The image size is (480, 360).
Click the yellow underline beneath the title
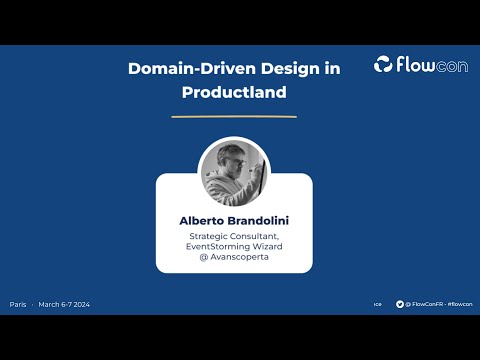click(x=234, y=117)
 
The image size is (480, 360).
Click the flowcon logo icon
click(x=385, y=65)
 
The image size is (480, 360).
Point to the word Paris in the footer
click(x=18, y=304)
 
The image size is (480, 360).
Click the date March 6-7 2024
click(x=64, y=304)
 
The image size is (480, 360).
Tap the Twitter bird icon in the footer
click(x=400, y=304)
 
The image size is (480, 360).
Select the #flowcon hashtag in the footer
click(x=460, y=304)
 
